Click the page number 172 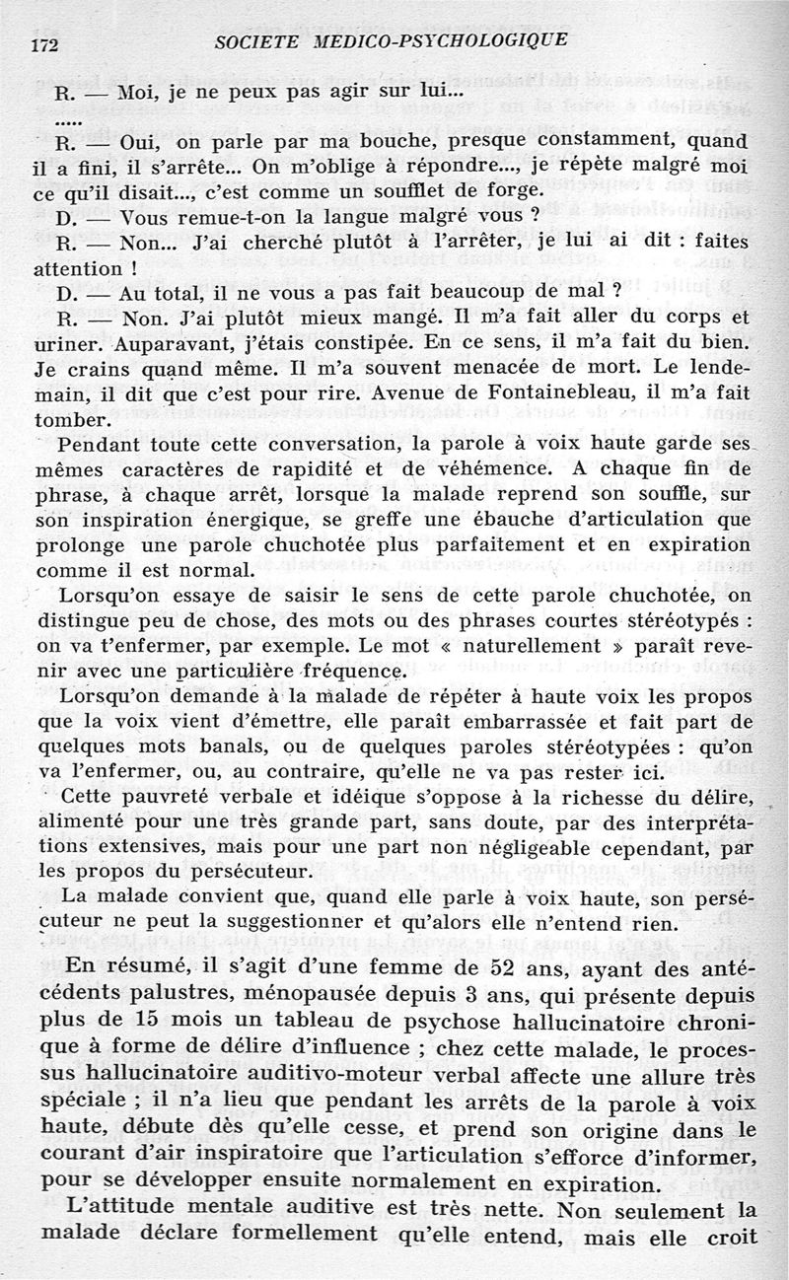point(46,43)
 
